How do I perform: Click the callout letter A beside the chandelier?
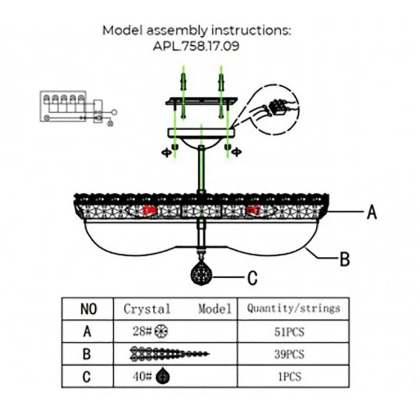point(372,211)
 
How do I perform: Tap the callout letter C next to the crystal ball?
point(252,278)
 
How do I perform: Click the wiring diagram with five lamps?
point(77,107)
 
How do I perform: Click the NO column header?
point(88,309)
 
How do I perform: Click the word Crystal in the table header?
point(147,308)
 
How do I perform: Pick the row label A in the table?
point(88,332)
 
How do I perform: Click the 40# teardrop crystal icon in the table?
point(163,377)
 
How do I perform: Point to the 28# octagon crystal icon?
point(162,331)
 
